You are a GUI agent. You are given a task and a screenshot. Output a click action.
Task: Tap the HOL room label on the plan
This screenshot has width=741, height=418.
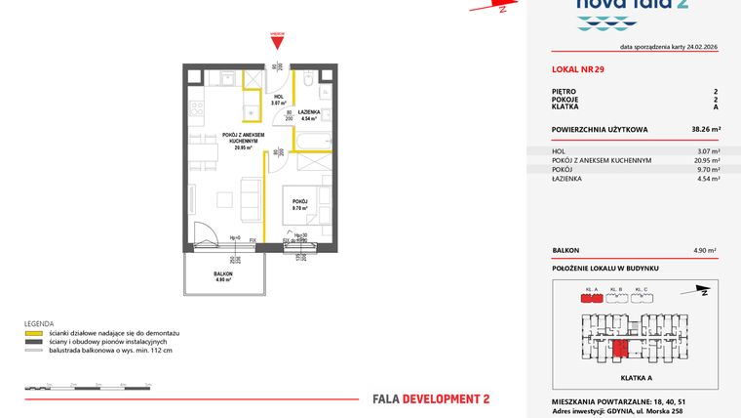278,98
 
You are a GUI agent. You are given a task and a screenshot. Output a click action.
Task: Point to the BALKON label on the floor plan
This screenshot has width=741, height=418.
223,275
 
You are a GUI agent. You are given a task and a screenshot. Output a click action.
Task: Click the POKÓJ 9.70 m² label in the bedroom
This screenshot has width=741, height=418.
300,204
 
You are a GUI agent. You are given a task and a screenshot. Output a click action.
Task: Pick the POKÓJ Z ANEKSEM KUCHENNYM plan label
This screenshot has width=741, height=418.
237,139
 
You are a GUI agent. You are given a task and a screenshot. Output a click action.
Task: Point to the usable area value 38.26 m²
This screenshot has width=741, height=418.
706,129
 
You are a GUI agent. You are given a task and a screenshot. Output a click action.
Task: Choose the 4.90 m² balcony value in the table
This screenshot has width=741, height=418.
706,250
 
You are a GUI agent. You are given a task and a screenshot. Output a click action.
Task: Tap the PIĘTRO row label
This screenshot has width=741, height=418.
564,92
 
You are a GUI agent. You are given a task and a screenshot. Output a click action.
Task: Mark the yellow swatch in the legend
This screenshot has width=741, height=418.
34,333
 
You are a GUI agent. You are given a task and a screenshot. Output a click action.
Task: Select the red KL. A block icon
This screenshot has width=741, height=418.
589,299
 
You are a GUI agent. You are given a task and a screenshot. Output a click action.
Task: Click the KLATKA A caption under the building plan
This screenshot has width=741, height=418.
636,376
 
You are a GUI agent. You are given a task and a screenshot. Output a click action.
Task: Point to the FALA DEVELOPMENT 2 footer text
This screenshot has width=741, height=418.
431,398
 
